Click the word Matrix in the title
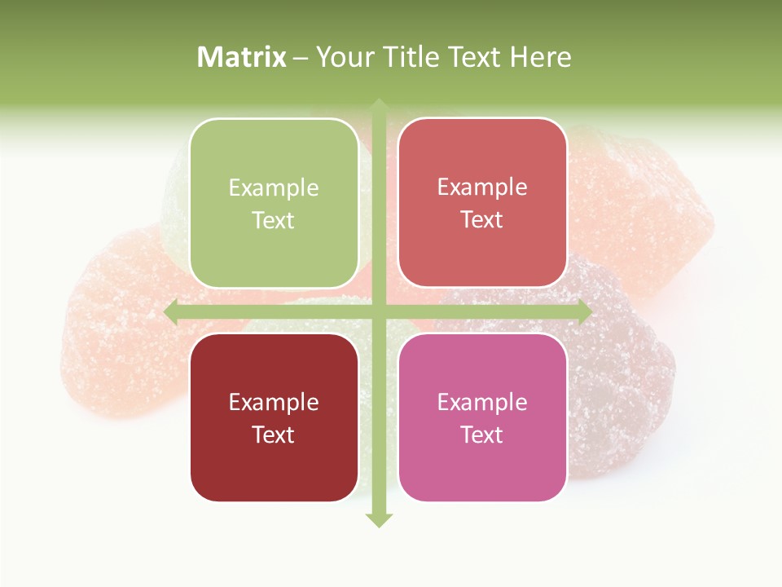(242, 57)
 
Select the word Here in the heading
(541, 57)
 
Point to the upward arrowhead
(379, 106)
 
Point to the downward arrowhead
(379, 520)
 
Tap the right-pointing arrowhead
(585, 312)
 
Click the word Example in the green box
(274, 188)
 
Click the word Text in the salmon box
(482, 220)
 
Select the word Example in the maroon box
(274, 403)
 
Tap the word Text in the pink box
(482, 435)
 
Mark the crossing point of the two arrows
(379, 312)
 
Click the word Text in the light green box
(274, 221)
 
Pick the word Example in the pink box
(482, 403)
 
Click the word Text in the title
(474, 57)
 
